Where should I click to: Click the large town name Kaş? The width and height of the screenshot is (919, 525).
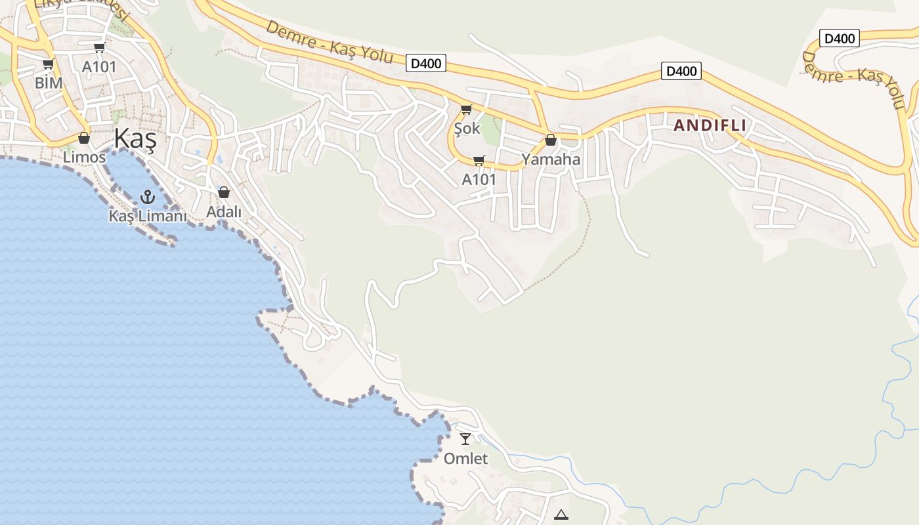135,139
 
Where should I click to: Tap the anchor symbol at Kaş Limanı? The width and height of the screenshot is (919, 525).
148,196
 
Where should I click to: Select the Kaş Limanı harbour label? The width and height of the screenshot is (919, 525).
148,216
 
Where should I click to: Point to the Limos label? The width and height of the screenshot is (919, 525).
84,157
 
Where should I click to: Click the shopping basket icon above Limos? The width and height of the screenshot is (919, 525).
84,138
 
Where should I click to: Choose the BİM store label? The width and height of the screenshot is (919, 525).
49,83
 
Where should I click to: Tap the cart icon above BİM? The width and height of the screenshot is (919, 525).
48,64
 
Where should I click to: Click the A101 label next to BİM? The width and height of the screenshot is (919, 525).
99,67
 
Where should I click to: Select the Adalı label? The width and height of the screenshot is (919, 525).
224,212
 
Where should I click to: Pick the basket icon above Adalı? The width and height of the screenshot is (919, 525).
224,192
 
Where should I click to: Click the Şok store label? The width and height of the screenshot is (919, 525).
467,129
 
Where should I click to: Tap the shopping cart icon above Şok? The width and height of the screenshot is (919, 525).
466,109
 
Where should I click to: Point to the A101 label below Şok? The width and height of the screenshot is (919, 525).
479,180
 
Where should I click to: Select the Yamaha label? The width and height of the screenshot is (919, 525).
551,159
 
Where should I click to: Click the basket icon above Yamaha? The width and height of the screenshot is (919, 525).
551,140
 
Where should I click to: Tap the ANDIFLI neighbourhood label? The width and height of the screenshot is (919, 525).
710,125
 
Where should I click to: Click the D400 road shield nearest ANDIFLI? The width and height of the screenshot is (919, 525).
681,71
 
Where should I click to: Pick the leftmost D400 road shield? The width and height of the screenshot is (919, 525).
426,64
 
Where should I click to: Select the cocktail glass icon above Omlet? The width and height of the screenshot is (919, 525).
465,438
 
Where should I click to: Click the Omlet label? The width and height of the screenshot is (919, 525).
465,459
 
